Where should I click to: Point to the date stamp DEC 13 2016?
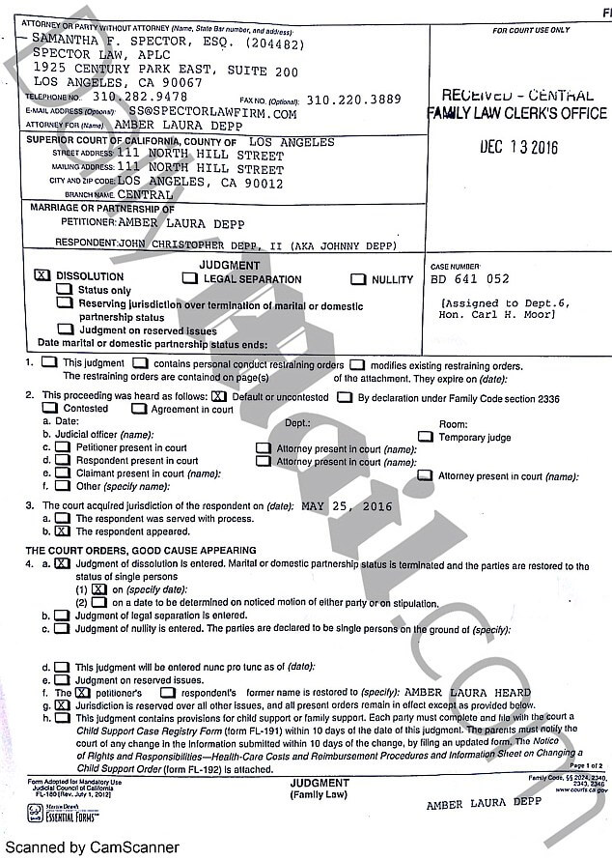[518, 148]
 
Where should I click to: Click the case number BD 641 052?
[470, 279]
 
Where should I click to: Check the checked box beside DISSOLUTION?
[42, 275]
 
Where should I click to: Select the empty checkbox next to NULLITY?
[357, 280]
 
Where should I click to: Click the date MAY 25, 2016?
[347, 505]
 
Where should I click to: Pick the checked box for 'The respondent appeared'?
[63, 530]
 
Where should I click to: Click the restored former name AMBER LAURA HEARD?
[465, 692]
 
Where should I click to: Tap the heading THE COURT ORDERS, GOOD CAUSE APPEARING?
[127, 550]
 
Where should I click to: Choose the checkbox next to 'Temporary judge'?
[425, 437]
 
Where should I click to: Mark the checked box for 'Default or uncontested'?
[219, 397]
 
